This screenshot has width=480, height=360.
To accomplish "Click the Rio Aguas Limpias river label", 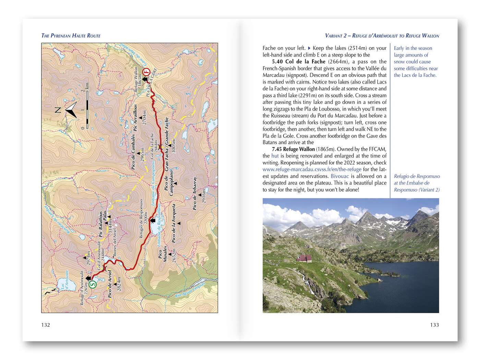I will tap(190, 289).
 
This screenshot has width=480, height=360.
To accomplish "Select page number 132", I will tap(46, 325).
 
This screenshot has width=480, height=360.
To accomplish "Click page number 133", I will tap(434, 325).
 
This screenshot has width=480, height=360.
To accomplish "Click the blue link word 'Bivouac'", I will tap(339, 176).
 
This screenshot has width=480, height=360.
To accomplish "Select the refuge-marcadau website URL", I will tap(312, 169).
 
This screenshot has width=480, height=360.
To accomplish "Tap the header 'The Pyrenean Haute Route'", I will tap(71, 36).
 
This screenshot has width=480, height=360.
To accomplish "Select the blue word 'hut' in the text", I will tap(275, 156).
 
